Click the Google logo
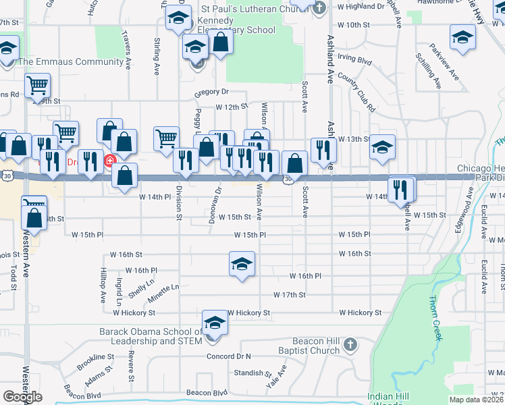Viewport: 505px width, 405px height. [22, 397]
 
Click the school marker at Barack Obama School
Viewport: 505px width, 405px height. [215, 323]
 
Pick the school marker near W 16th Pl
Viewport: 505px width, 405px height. [242, 264]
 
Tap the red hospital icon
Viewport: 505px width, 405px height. [109, 161]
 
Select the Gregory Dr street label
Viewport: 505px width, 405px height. [212, 92]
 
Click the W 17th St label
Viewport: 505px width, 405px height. [290, 295]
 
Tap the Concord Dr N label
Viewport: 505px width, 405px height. [228, 356]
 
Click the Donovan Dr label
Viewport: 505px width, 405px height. [218, 201]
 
